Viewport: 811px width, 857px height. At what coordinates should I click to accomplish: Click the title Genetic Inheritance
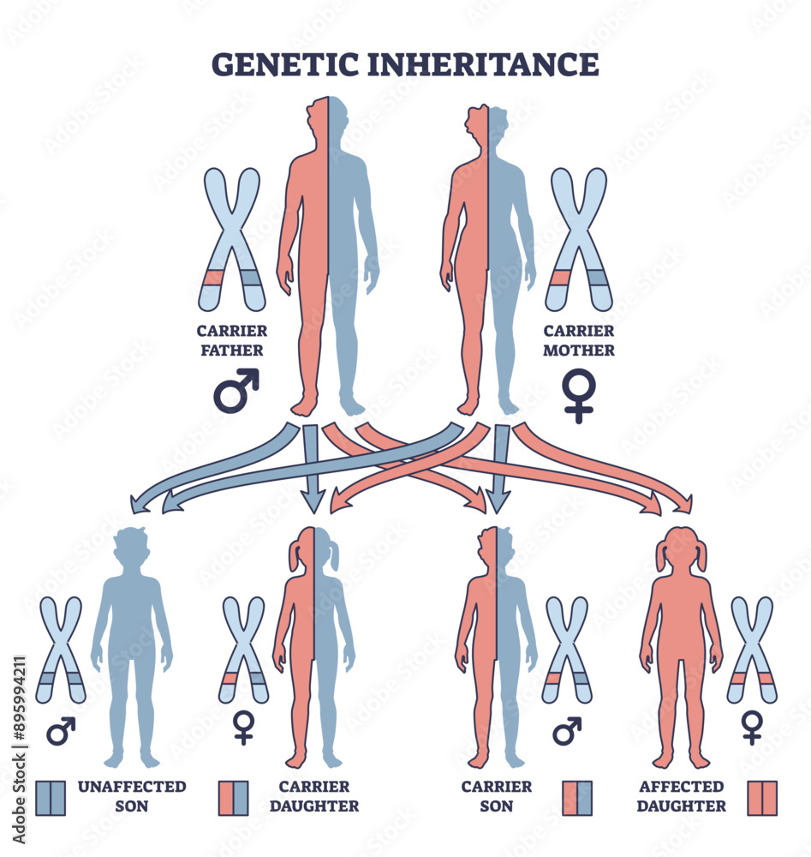404,65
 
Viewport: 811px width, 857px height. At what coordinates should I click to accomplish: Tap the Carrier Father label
231,340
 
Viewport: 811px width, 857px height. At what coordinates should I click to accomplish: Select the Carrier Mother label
579,340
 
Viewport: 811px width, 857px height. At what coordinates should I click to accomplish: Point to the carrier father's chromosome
230,239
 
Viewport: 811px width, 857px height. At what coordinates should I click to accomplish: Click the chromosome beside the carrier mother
580,239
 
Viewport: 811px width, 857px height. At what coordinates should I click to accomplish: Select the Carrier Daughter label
314,795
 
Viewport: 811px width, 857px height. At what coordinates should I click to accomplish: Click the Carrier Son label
497,795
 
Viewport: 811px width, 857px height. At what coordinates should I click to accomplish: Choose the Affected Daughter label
682,795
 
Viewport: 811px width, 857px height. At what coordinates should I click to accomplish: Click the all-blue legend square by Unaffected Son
51,797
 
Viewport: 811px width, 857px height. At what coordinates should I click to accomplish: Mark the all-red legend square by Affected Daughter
761,797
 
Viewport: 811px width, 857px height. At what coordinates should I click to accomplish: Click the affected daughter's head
682,549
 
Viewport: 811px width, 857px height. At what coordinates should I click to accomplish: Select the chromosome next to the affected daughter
752,649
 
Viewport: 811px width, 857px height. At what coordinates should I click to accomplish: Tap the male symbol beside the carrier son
566,730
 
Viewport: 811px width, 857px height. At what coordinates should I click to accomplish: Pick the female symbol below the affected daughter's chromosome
752,727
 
